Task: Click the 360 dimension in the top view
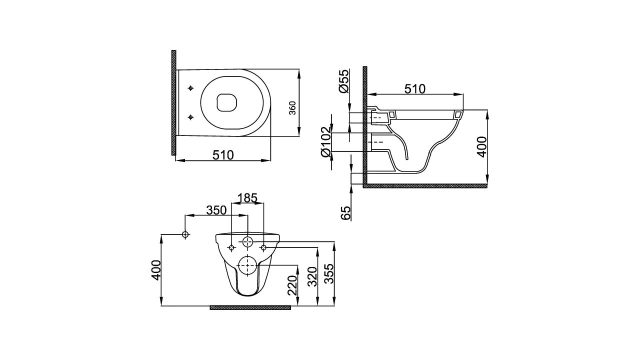(x=293, y=108)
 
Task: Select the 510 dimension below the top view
(x=223, y=155)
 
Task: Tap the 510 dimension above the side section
(x=414, y=89)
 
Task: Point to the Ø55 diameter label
(x=343, y=81)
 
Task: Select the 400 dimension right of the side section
(x=480, y=146)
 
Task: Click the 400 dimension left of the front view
(x=157, y=270)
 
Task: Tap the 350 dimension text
(x=216, y=210)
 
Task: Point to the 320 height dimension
(x=311, y=276)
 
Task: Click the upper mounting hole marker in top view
(x=190, y=88)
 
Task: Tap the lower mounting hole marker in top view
(x=190, y=117)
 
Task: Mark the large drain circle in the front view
(x=247, y=265)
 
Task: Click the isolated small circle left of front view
(x=185, y=234)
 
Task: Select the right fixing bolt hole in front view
(x=264, y=247)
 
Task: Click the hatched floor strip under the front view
(x=250, y=307)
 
